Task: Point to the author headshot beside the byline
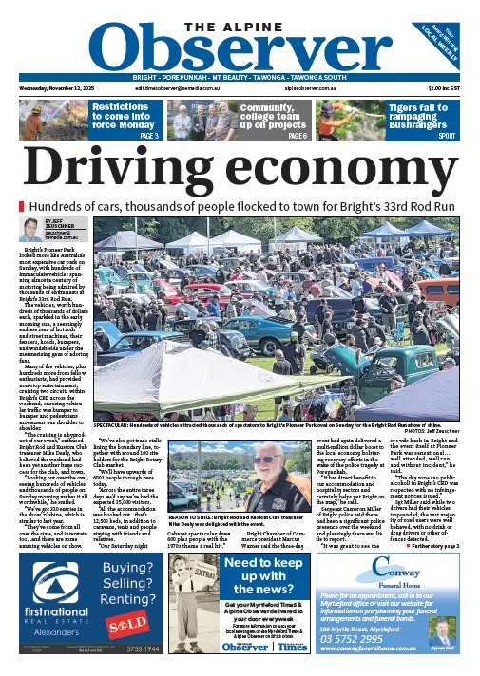pyautogui.click(x=30, y=231)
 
